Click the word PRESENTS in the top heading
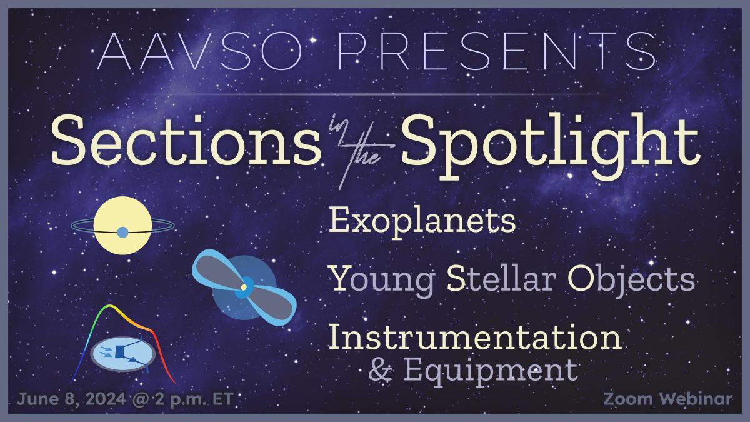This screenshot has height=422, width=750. [497, 51]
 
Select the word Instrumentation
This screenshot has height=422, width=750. [476, 337]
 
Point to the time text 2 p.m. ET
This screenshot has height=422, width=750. [194, 400]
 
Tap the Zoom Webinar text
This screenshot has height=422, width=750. [668, 399]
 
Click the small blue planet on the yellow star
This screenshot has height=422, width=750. [122, 232]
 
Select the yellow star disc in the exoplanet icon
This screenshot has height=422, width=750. [122, 226]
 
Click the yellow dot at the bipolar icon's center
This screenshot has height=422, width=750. [244, 288]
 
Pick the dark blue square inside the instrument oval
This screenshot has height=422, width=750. [119, 352]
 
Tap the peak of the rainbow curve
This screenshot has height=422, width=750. [107, 306]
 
